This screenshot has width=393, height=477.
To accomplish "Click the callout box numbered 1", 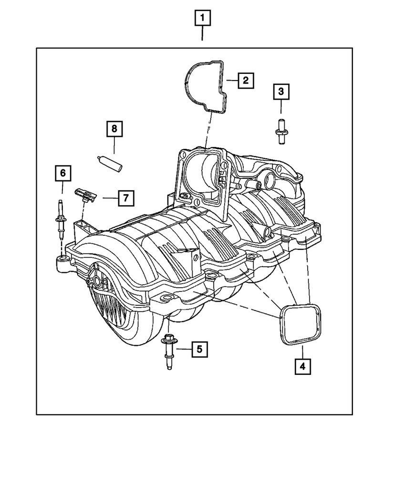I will (202, 19).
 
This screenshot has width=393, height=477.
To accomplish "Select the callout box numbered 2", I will (245, 81).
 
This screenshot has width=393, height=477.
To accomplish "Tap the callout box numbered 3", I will (281, 91).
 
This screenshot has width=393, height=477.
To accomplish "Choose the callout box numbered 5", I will (200, 350).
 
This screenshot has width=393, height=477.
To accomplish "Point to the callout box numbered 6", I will (62, 173).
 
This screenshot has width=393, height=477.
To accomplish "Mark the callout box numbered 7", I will (125, 197).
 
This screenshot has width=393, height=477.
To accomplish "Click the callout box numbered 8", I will (114, 128).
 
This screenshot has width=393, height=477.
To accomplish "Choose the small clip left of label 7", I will (85, 194).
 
